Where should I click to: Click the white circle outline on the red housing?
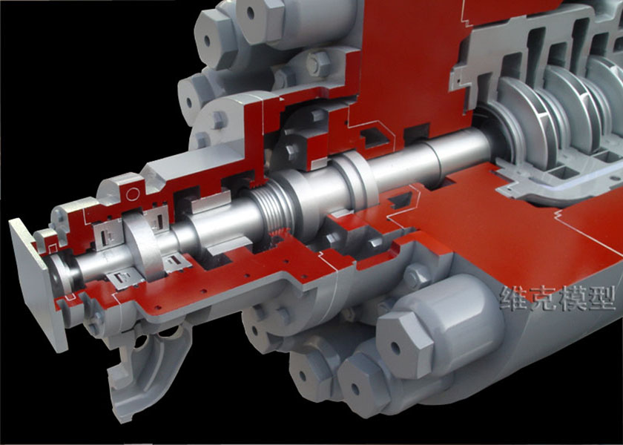tap(133, 194)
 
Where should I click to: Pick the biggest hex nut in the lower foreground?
tap(404, 344)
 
